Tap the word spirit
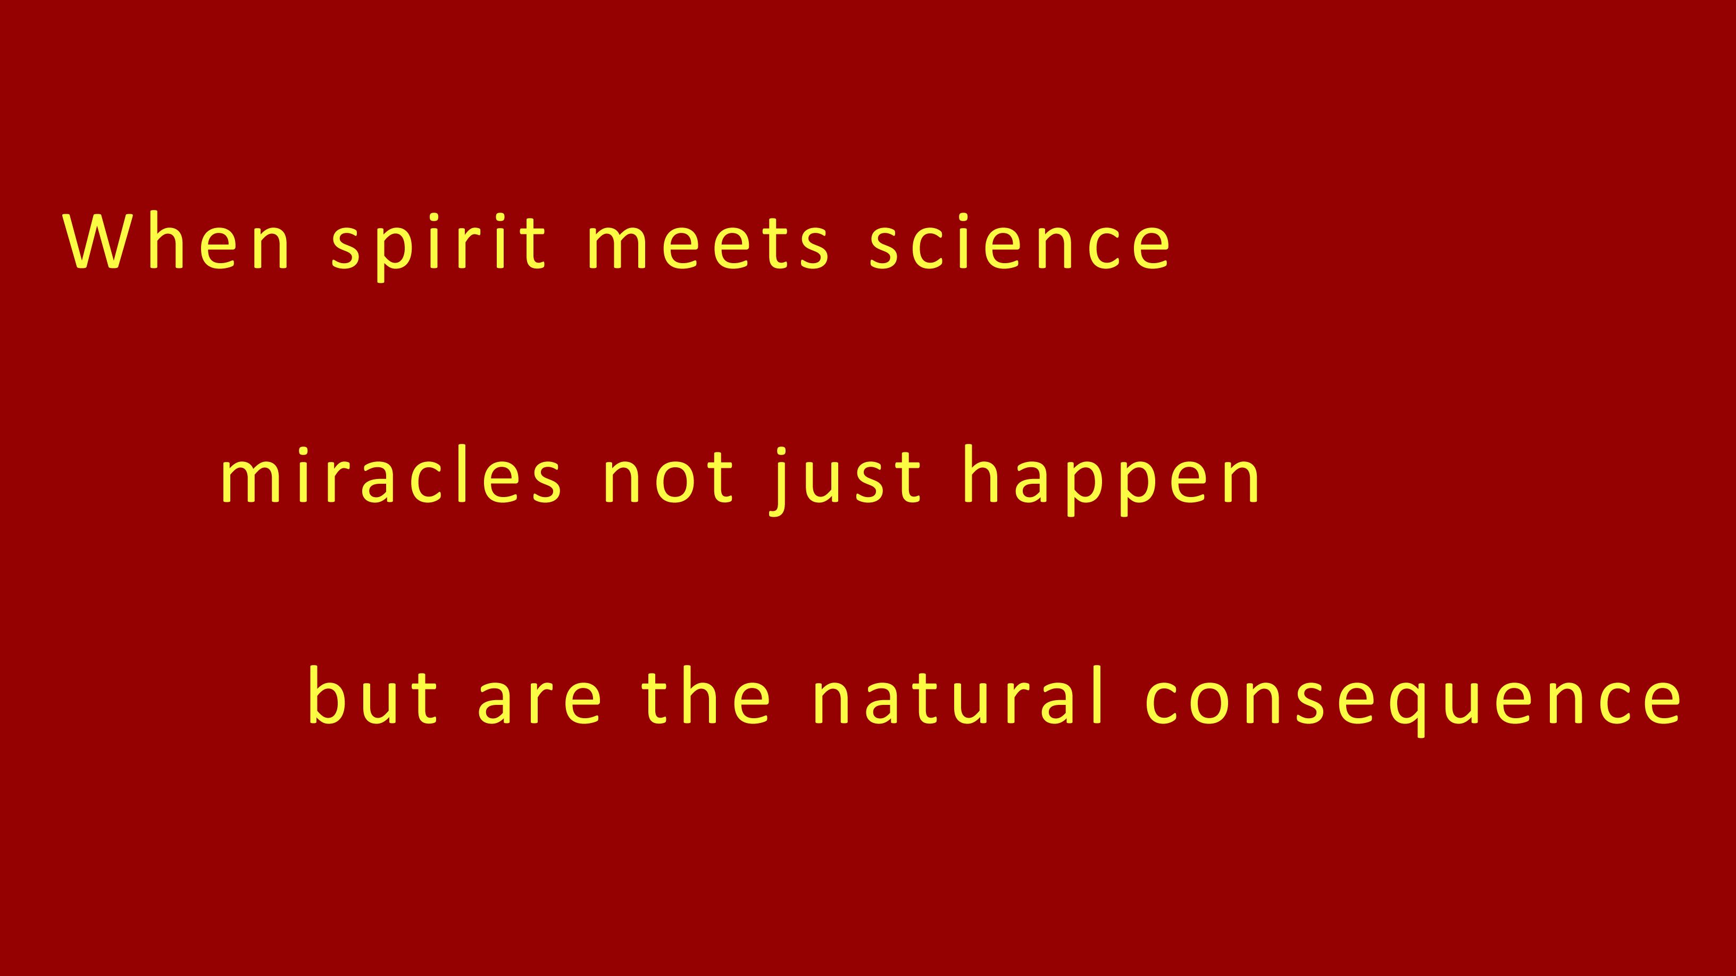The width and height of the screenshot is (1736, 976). click(438, 247)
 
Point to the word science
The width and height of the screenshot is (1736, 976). click(1020, 242)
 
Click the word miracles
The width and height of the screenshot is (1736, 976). click(391, 474)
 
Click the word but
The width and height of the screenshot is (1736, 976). click(373, 696)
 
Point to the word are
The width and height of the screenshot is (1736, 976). click(539, 701)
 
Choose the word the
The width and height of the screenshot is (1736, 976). click(706, 696)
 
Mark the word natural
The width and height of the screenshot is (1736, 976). click(958, 696)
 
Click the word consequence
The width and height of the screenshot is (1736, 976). click(1413, 701)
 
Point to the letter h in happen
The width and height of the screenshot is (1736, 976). click(985, 474)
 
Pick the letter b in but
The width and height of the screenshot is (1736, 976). click(330, 696)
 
